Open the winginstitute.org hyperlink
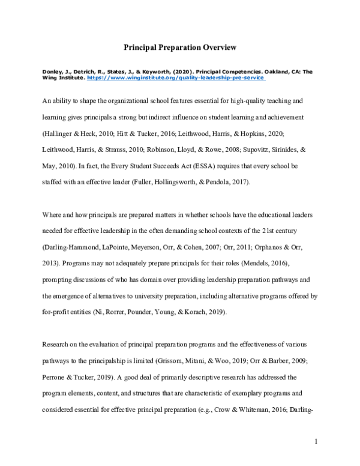tap(176, 78)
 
